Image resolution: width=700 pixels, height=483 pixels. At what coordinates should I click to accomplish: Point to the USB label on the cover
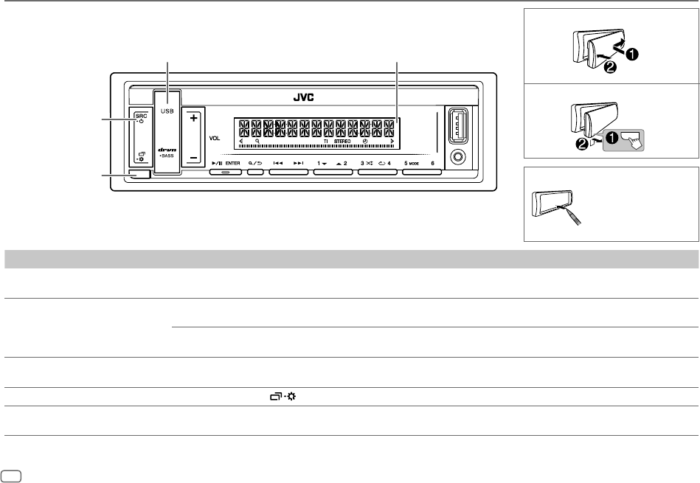point(167,111)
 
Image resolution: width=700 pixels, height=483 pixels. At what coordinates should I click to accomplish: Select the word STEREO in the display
point(342,140)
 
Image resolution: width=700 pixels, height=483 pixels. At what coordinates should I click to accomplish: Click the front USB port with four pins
point(454,126)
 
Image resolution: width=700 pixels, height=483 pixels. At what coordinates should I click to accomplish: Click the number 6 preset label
point(432,162)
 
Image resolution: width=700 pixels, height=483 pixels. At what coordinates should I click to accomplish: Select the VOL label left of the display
point(215,138)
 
